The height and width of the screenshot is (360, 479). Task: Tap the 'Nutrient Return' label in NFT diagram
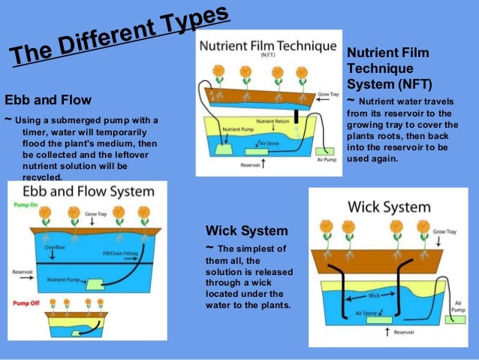pyautogui.click(x=274, y=122)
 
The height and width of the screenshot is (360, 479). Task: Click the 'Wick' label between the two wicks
pyautogui.click(x=374, y=296)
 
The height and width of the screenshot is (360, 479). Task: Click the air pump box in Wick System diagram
pyautogui.click(x=455, y=319)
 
